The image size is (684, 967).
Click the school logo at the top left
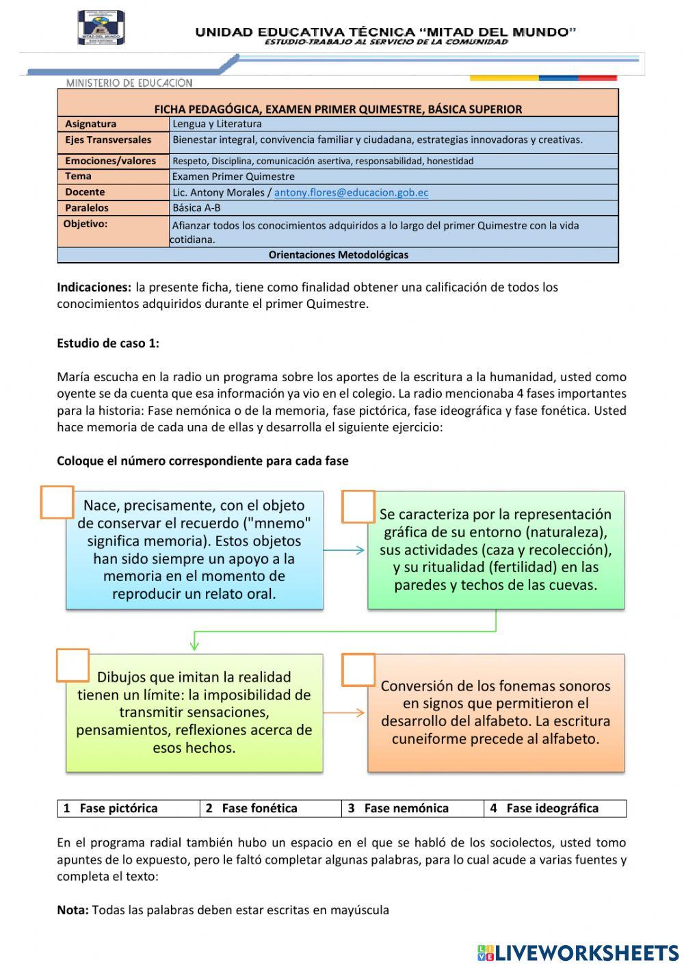[x=101, y=27]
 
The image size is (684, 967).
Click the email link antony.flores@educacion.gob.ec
[x=351, y=192]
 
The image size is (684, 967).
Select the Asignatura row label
[x=90, y=124]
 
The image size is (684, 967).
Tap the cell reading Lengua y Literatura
[x=217, y=124]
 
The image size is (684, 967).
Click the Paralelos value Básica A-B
[x=196, y=207]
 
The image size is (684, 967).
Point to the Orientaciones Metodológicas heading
[x=338, y=255]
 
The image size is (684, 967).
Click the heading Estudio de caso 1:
[x=108, y=344]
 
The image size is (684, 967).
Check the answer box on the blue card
[x=57, y=503]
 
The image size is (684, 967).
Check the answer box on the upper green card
[x=358, y=506]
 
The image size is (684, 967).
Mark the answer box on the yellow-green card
[x=73, y=665]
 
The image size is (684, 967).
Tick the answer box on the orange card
[x=358, y=670]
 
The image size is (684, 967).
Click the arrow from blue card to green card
[x=344, y=550]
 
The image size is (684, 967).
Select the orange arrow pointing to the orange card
[x=344, y=712]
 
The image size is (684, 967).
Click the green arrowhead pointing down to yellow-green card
[x=195, y=644]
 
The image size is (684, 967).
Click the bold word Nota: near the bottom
[x=73, y=910]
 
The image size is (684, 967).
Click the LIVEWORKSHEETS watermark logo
[x=578, y=953]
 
